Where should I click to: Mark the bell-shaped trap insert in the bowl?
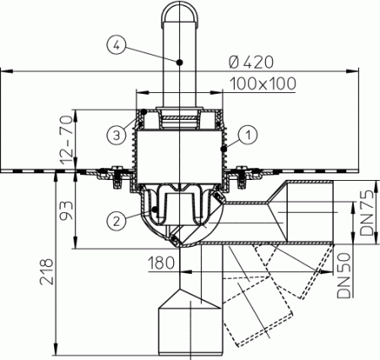click(x=179, y=203)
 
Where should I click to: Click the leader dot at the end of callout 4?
click(x=179, y=61)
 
